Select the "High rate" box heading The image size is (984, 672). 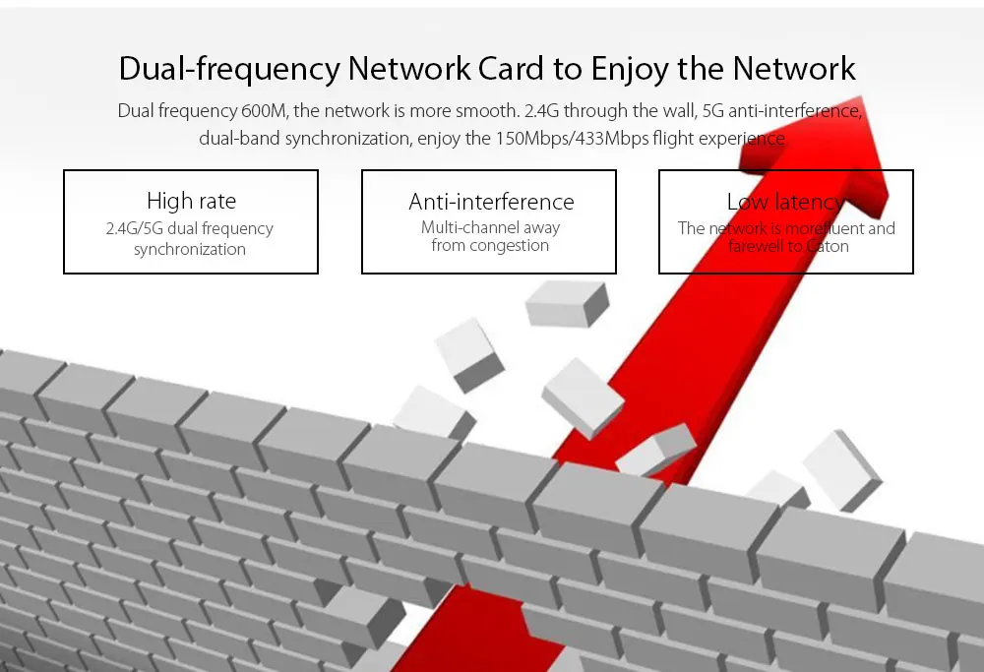[x=191, y=201]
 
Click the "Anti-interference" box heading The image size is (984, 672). [x=491, y=202]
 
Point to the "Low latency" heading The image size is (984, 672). [x=785, y=202]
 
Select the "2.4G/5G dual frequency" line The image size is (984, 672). [x=190, y=228]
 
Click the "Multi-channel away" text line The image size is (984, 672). [x=491, y=227]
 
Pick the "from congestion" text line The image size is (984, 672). [x=490, y=246]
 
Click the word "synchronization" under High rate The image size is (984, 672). [x=190, y=249]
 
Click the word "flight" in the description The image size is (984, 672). [x=672, y=138]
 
